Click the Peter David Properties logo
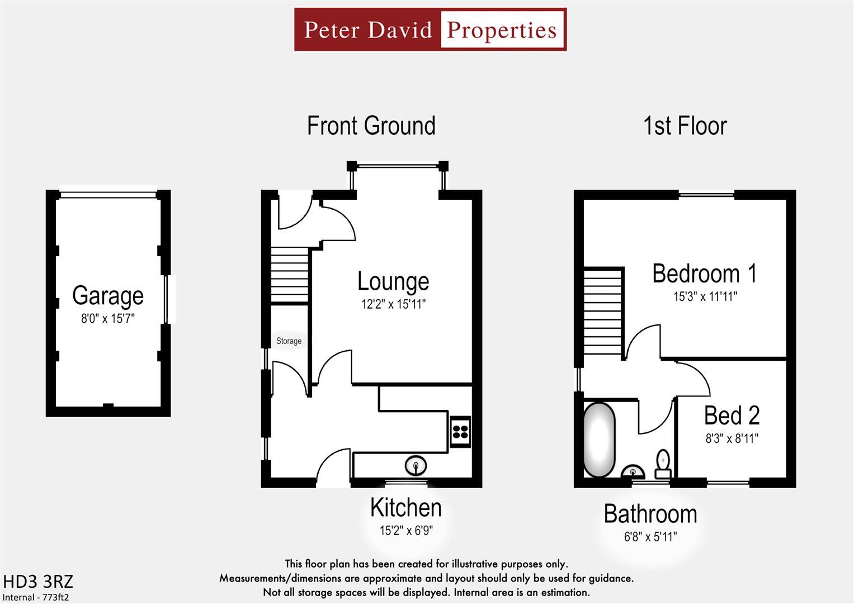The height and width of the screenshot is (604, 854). (x=430, y=30)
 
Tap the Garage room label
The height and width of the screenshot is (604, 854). (x=108, y=295)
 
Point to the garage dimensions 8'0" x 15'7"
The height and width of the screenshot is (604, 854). (x=108, y=319)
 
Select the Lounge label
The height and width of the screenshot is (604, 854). (x=393, y=281)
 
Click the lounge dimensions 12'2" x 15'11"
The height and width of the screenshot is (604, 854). (x=393, y=305)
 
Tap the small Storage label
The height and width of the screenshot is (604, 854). (x=289, y=341)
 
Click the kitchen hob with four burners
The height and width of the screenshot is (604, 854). (x=460, y=431)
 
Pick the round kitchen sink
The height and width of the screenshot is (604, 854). (x=416, y=464)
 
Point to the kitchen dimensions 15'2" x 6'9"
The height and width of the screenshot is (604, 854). (x=406, y=530)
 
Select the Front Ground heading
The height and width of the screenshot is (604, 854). (x=371, y=126)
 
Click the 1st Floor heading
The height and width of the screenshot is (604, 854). (x=685, y=126)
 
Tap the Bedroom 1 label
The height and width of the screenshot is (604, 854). (x=705, y=273)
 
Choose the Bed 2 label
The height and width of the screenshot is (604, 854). (x=732, y=416)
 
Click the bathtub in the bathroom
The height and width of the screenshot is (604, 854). (x=600, y=439)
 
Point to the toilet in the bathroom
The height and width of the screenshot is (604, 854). (x=663, y=463)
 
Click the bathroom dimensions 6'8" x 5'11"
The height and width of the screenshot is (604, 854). (x=650, y=537)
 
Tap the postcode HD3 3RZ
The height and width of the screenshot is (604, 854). (x=38, y=582)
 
